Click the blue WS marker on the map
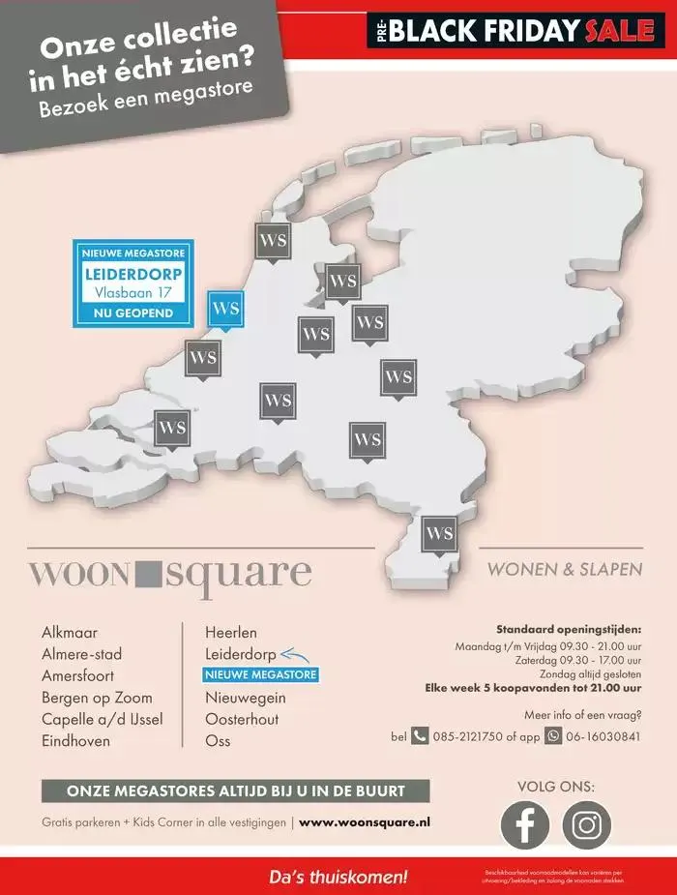(x=225, y=309)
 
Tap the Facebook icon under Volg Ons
(x=525, y=825)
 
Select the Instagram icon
(x=587, y=825)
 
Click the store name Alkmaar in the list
(x=70, y=632)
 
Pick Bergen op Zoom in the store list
(x=97, y=698)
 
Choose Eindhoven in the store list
(x=75, y=741)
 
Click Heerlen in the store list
(x=231, y=632)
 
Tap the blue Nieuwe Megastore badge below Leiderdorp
(x=260, y=675)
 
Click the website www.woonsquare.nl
(x=365, y=822)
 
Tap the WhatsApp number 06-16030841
(x=603, y=736)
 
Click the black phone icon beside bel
(x=420, y=735)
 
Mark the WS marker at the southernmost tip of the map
(x=440, y=533)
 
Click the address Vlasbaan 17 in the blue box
(x=133, y=291)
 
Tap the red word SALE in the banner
(x=619, y=31)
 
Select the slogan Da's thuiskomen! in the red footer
(x=338, y=878)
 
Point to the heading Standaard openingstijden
(x=569, y=629)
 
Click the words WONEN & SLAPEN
(x=565, y=570)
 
